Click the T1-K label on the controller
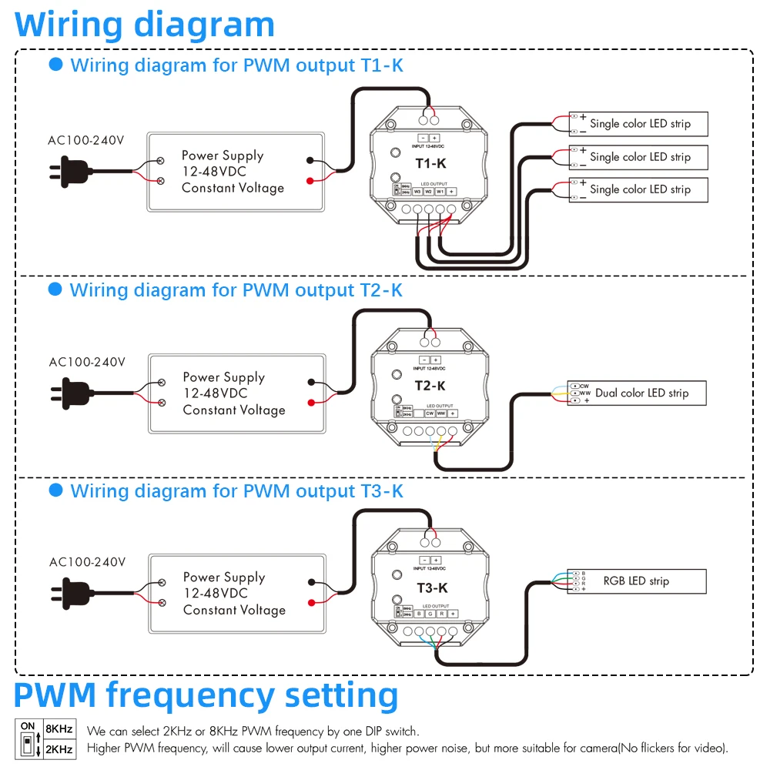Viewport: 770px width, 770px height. pyautogui.click(x=431, y=163)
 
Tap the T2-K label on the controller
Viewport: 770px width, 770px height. pyautogui.click(x=431, y=386)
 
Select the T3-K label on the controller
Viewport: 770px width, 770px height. pyautogui.click(x=432, y=588)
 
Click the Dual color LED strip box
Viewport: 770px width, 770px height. pyautogui.click(x=637, y=393)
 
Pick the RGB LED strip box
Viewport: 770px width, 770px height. pyautogui.click(x=637, y=581)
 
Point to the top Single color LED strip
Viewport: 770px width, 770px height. pyautogui.click(x=638, y=123)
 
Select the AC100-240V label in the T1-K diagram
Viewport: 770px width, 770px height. pyautogui.click(x=86, y=140)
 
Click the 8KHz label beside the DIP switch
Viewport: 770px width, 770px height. pyautogui.click(x=59, y=728)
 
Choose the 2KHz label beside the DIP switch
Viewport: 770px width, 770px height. pyautogui.click(x=59, y=748)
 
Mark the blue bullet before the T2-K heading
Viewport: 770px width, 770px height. pyautogui.click(x=55, y=290)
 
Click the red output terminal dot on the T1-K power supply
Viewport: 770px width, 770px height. pyautogui.click(x=310, y=181)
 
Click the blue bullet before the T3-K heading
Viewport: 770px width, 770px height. pyautogui.click(x=55, y=490)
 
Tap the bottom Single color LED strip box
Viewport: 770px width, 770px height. pyautogui.click(x=638, y=189)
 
